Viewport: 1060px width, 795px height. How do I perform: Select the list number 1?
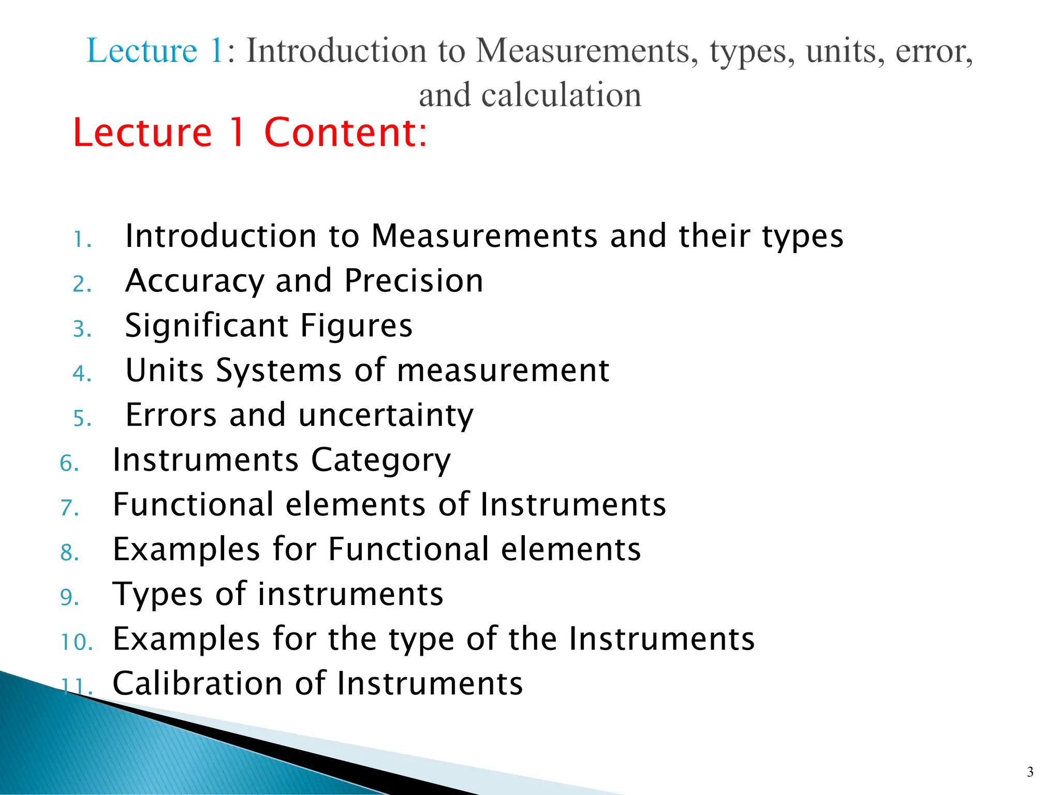82,240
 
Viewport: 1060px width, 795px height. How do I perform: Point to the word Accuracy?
194,281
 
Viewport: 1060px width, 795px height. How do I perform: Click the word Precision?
414,281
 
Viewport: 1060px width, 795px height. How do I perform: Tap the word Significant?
207,326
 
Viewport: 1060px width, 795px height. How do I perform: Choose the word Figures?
357,326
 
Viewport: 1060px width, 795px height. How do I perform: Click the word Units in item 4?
165,371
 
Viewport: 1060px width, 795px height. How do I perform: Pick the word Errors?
171,415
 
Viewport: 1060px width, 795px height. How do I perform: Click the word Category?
380,461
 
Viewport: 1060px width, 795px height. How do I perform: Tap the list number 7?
69,508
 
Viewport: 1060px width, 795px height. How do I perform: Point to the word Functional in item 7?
193,505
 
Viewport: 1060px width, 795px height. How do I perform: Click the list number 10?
76,642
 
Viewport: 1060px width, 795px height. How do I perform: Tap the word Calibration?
198,683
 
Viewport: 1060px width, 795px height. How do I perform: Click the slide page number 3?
1030,772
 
